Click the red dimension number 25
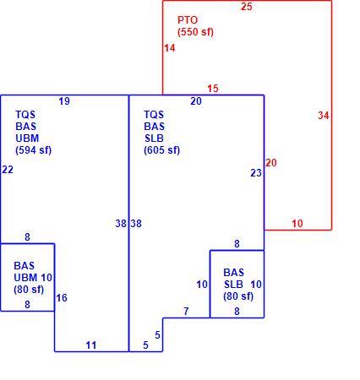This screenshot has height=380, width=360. click(x=247, y=7)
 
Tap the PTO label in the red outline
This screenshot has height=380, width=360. click(x=188, y=20)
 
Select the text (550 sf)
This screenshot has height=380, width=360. click(x=195, y=32)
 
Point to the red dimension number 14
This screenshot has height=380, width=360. click(x=170, y=48)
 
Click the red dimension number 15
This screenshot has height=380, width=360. click(x=213, y=89)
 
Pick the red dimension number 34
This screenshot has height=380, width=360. click(x=324, y=116)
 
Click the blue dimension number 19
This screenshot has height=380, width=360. click(x=64, y=101)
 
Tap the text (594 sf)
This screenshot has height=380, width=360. click(x=34, y=150)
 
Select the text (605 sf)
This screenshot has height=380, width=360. click(x=161, y=150)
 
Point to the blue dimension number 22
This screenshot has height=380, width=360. click(x=8, y=170)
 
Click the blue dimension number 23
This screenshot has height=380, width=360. click(x=256, y=173)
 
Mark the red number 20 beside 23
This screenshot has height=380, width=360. click(x=271, y=163)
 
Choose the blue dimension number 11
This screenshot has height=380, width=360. click(x=91, y=345)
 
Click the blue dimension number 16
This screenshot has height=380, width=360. click(x=62, y=298)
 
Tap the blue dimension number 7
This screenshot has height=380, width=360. click(x=186, y=312)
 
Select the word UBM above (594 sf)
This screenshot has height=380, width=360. click(x=27, y=138)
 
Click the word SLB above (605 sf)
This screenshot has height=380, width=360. click(x=154, y=138)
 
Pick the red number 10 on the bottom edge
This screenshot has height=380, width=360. click(x=297, y=224)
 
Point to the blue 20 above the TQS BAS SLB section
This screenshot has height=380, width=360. click(x=196, y=101)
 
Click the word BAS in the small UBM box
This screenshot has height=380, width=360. click(x=25, y=266)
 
